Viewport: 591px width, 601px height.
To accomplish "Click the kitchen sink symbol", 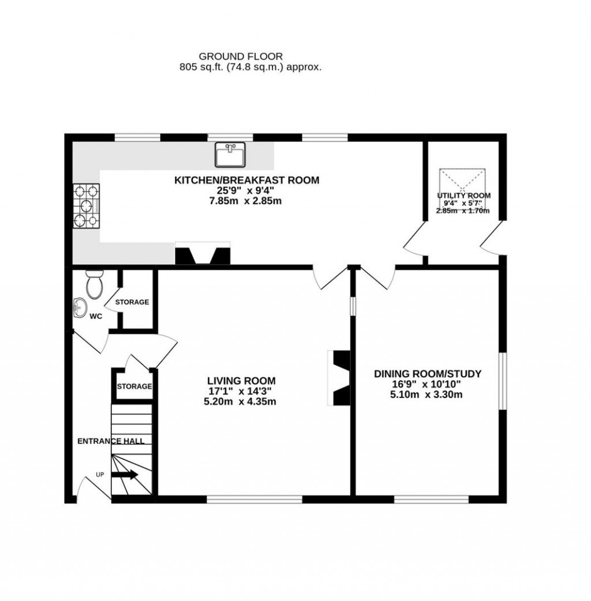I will pos(230,155).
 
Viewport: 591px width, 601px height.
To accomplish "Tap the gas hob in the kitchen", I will pos(86,205).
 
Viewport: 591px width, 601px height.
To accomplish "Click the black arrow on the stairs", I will pos(125,475).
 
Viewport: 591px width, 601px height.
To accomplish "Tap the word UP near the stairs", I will pos(100,474).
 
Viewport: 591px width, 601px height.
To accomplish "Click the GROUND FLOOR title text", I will pos(241,56).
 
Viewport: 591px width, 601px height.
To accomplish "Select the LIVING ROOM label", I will pos(241,381).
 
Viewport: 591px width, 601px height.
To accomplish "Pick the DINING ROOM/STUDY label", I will pos(427,374).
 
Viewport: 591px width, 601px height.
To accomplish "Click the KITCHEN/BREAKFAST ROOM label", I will pos(246,180).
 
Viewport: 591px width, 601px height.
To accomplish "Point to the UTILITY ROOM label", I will pos(463,196).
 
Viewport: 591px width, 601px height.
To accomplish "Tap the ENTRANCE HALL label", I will pos(111,441).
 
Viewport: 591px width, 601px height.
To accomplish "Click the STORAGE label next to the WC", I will pos(132,302).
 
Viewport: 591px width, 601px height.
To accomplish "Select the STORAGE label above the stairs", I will pos(134,386).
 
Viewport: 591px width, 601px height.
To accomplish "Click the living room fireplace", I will pos(339,378).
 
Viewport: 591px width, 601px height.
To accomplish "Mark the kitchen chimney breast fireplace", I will pos(203,254).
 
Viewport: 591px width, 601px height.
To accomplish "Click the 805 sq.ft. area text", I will pos(250,67).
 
